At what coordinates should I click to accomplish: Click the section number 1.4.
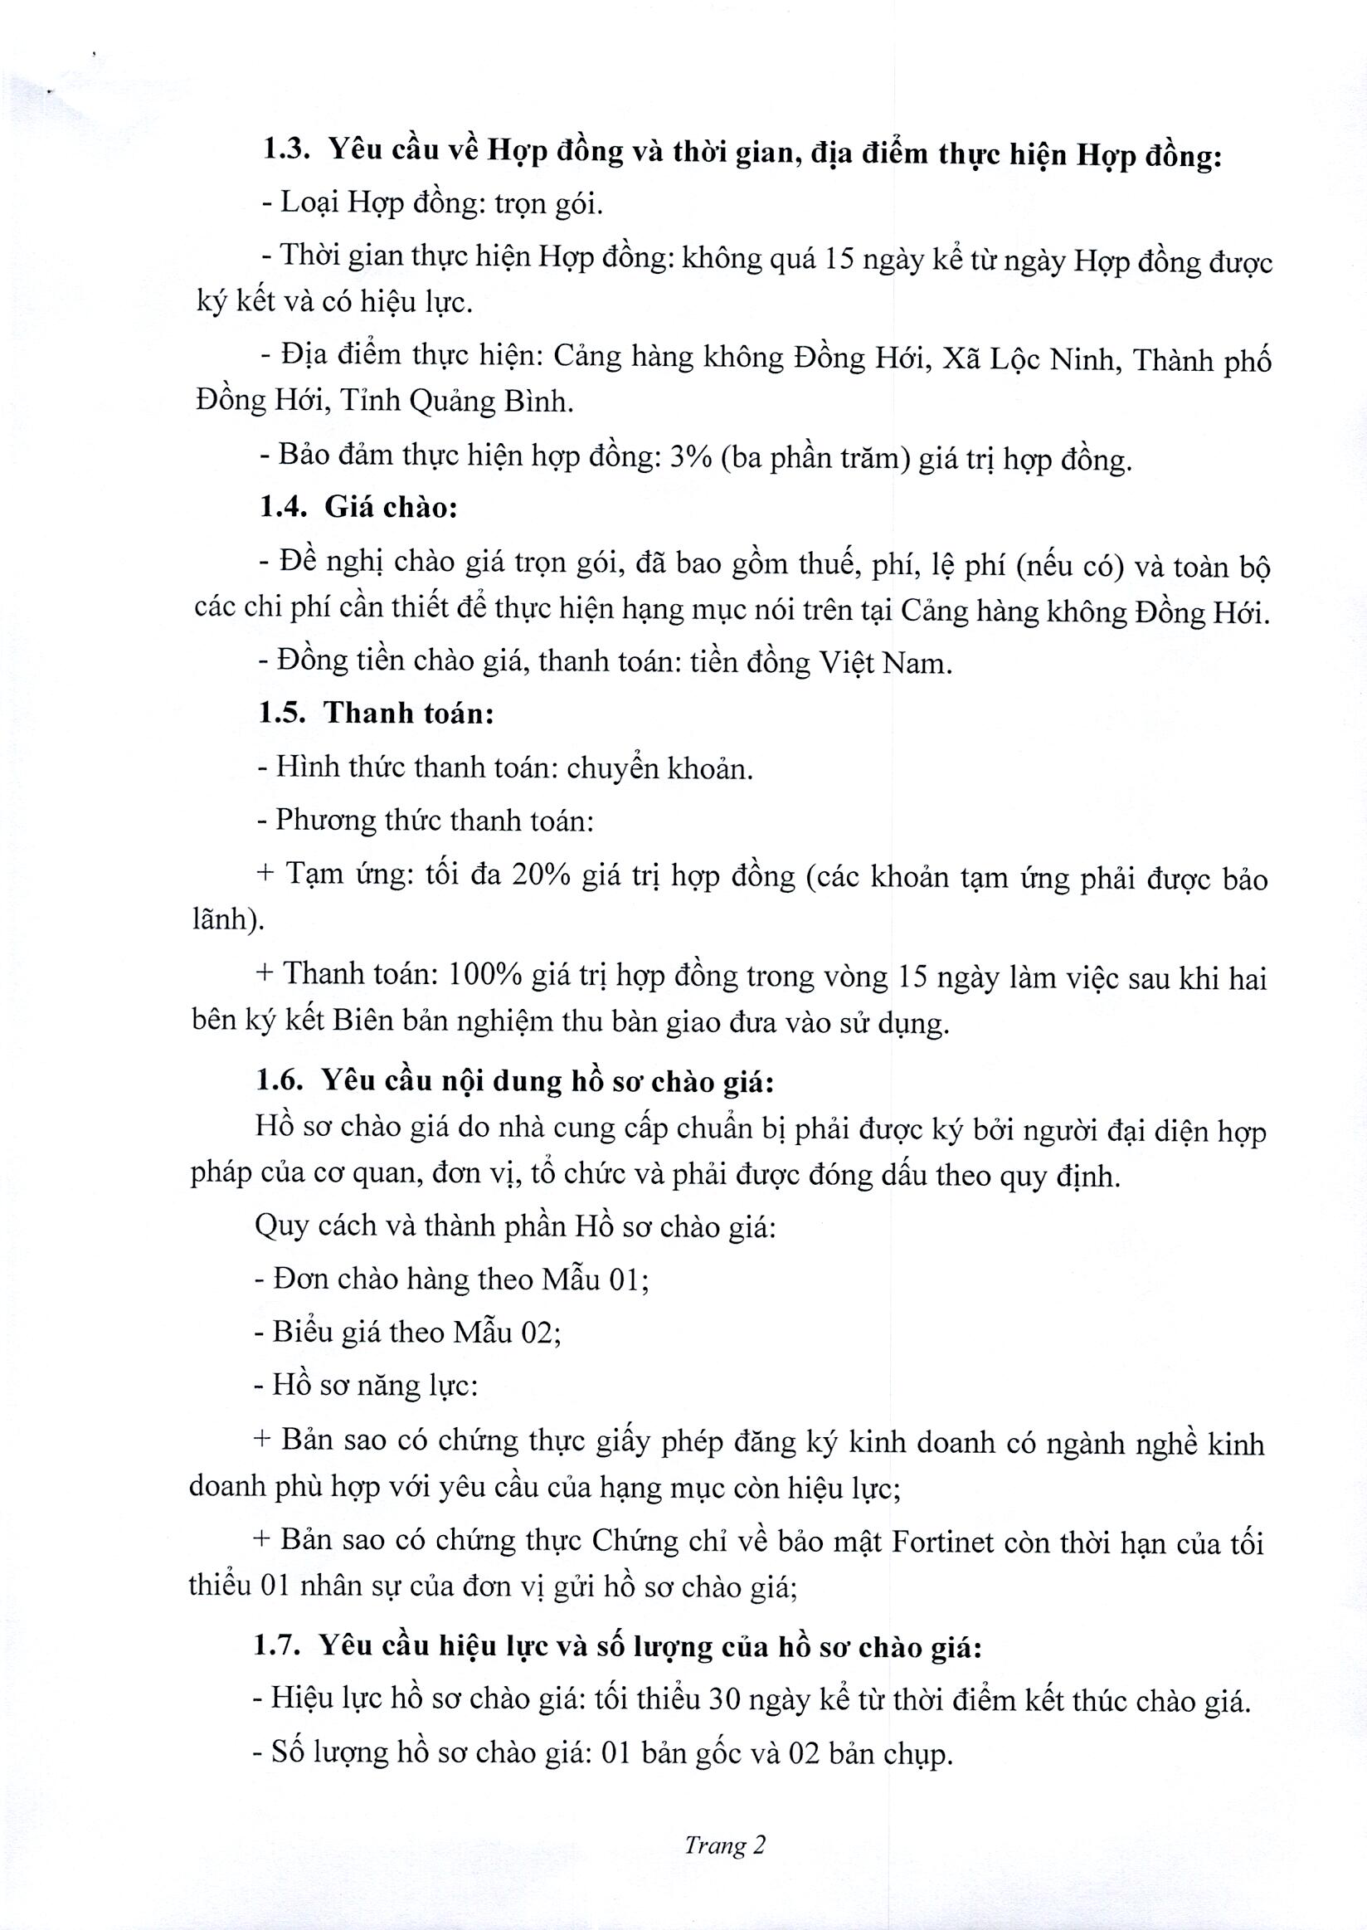284,507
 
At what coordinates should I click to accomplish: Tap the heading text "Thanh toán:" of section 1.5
408,714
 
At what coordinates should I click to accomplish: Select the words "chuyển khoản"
659,768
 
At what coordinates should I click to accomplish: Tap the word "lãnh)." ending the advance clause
228,919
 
